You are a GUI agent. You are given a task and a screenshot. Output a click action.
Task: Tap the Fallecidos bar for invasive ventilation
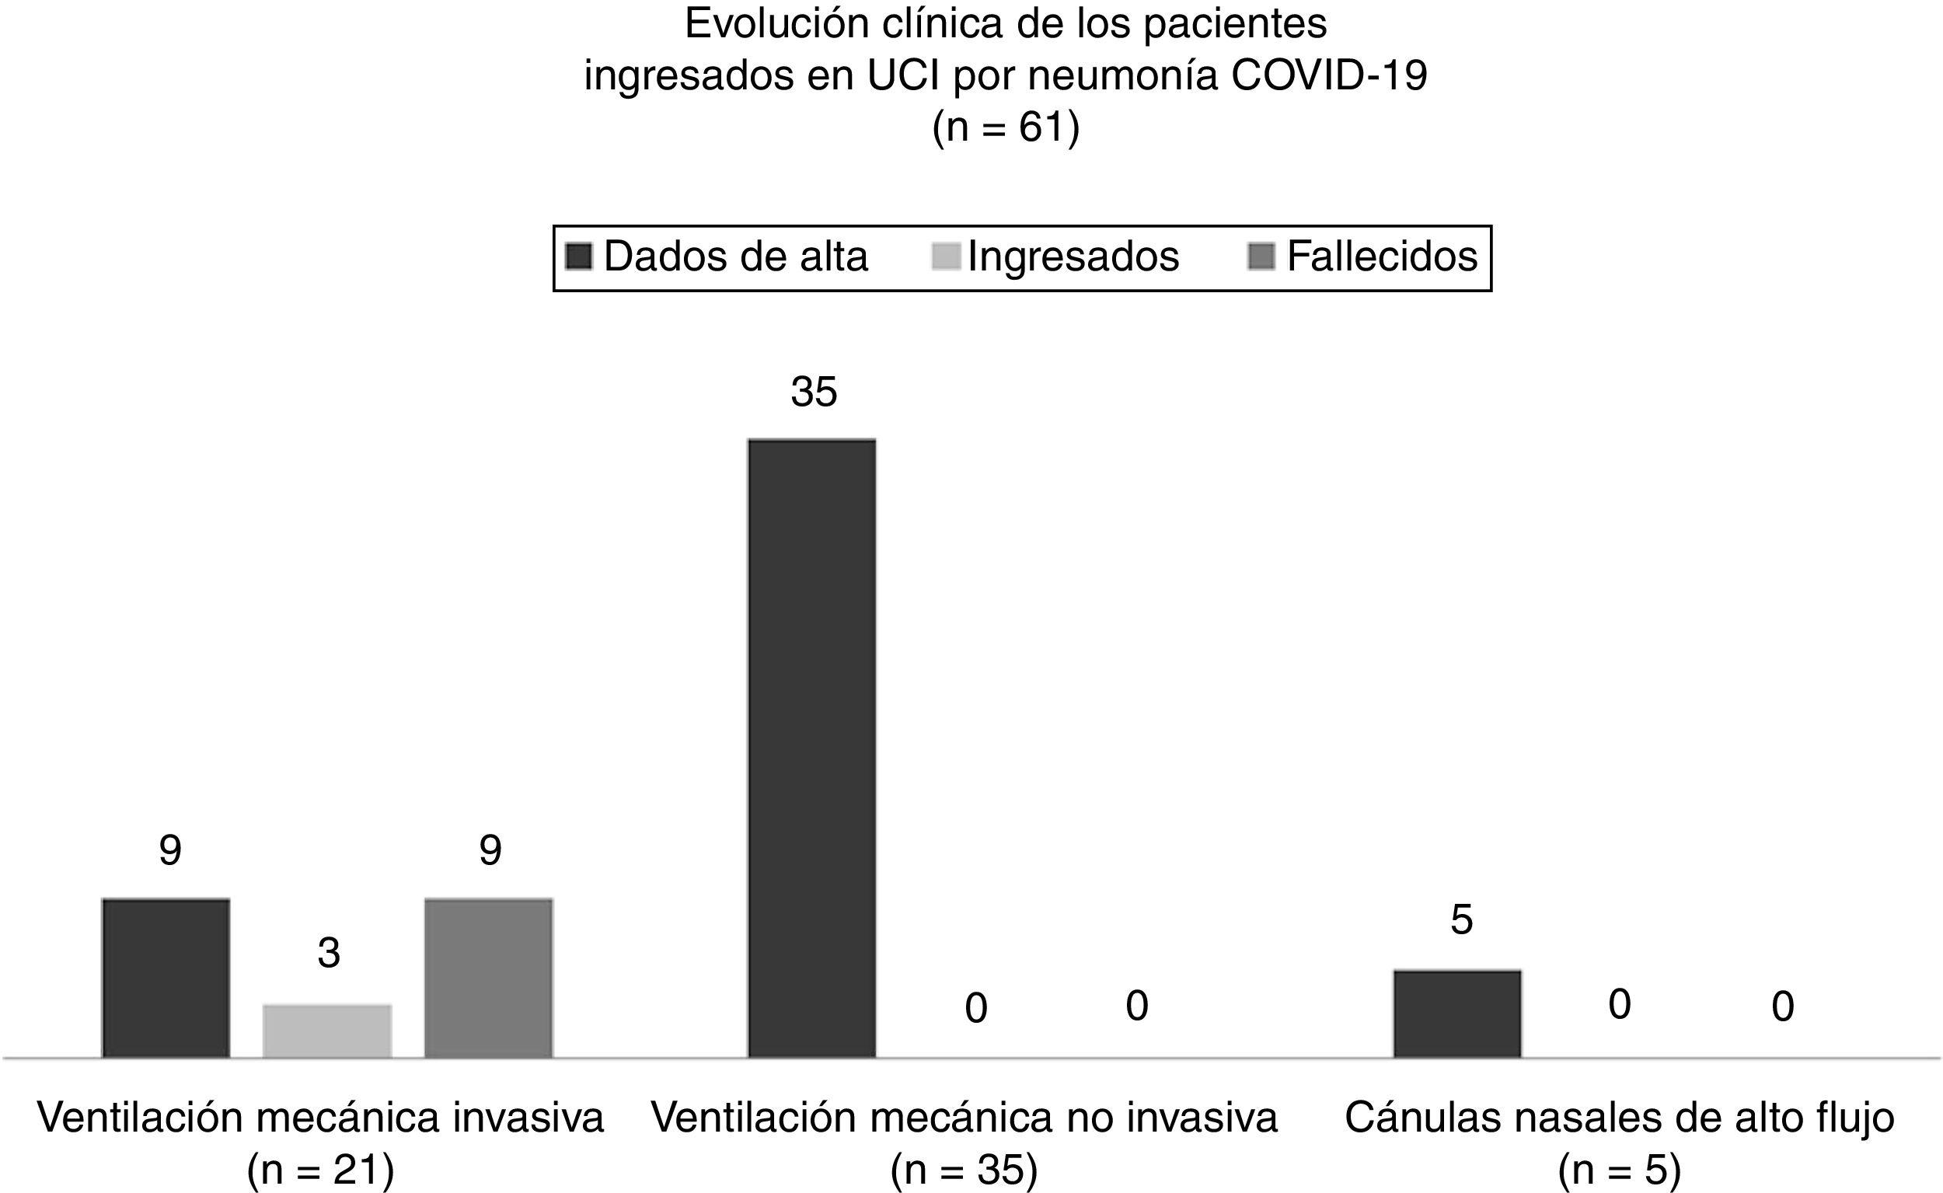488,978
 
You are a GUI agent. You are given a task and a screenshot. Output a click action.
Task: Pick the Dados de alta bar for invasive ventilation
166,978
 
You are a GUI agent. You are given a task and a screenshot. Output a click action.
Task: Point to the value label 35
813,392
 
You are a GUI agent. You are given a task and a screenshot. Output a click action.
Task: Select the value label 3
329,953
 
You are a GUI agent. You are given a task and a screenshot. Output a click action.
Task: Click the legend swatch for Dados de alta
579,257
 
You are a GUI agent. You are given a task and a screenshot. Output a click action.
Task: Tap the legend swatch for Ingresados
946,257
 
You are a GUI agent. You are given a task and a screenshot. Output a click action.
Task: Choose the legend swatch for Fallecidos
1261,257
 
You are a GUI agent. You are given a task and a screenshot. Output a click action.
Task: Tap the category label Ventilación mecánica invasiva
320,1118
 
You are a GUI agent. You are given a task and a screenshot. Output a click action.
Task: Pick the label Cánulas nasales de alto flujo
1620,1118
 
